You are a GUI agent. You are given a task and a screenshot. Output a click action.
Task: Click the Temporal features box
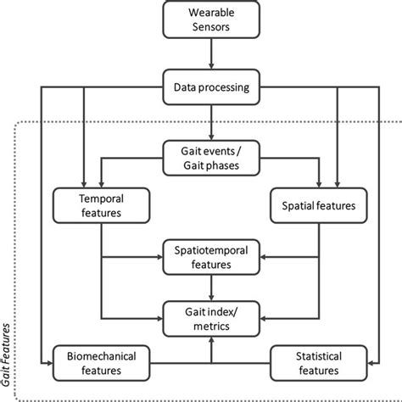[x=101, y=204]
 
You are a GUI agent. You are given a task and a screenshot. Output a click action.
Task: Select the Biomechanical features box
[x=96, y=362]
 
